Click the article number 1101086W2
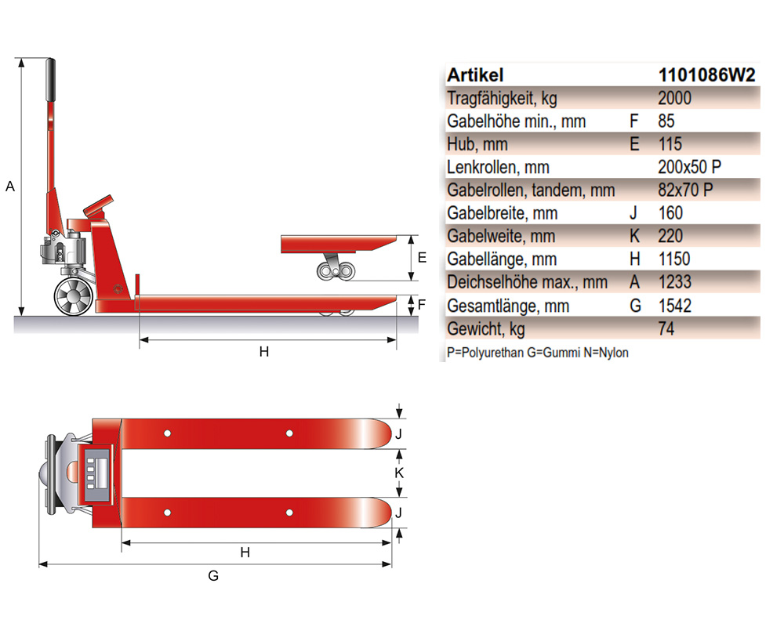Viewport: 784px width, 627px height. tap(708, 75)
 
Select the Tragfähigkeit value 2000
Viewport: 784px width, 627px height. tap(676, 99)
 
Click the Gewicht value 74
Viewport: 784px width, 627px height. tap(667, 328)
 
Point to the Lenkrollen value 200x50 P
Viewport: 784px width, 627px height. tap(690, 167)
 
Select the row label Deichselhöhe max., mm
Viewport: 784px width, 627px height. tap(527, 282)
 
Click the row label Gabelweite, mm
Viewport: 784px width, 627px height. tap(501, 236)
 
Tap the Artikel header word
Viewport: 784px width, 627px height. tap(475, 75)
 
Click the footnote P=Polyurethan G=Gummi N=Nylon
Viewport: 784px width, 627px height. tap(538, 353)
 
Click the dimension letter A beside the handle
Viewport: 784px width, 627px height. tap(9, 187)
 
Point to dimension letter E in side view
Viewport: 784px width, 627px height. tap(421, 257)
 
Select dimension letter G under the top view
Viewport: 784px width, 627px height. tap(213, 576)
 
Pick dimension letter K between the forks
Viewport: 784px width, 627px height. tap(399, 473)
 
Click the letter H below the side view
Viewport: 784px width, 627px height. tap(264, 352)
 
